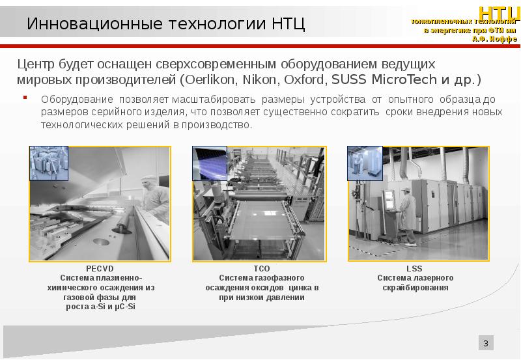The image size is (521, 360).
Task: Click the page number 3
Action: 486,343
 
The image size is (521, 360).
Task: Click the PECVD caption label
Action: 100,268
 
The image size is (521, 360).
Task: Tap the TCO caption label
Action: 262,268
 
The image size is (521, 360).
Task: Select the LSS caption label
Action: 415,268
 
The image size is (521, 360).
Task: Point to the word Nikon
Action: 259,80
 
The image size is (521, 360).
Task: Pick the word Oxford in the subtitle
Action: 303,80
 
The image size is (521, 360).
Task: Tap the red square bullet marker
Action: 25,98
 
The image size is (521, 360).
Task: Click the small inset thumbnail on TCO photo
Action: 210,163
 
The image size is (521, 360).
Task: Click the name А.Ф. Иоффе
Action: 494,38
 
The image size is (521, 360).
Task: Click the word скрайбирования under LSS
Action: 415,287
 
